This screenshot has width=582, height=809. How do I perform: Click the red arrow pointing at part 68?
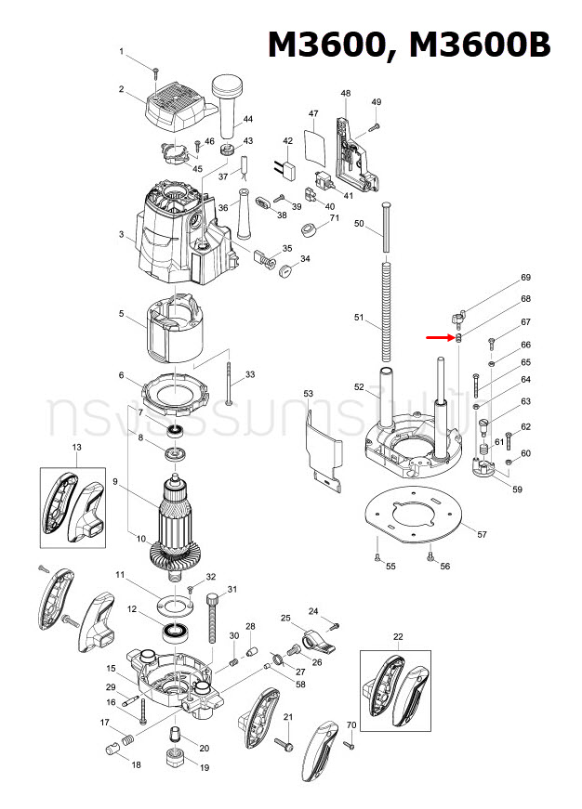click(x=441, y=338)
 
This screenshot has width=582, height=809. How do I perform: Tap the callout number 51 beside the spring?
click(x=360, y=318)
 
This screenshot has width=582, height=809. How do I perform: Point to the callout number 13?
click(x=76, y=448)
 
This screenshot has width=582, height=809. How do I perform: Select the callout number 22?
click(x=398, y=635)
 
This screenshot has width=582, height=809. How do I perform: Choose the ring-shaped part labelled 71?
click(x=307, y=230)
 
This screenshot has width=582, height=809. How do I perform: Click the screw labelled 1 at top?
click(x=158, y=70)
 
